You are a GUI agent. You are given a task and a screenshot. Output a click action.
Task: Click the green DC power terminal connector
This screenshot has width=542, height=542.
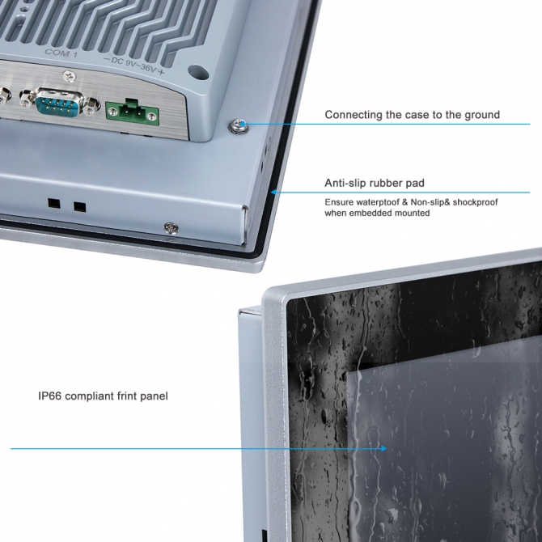[132, 112]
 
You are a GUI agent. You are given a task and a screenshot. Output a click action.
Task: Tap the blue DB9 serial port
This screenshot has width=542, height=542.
[59, 101]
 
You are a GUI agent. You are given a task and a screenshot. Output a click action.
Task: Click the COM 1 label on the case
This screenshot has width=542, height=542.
[61, 53]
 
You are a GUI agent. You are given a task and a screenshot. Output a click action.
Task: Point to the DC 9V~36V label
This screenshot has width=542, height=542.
[134, 66]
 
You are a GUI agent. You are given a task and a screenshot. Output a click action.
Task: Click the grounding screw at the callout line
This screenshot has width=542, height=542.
[239, 125]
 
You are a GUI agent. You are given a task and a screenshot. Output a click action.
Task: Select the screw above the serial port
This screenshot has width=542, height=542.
[69, 76]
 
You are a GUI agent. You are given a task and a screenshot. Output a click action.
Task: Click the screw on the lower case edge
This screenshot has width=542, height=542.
[171, 228]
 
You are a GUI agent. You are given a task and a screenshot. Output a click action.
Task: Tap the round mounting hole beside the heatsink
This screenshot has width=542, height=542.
[198, 72]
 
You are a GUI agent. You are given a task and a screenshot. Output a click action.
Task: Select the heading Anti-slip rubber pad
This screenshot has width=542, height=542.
[375, 183]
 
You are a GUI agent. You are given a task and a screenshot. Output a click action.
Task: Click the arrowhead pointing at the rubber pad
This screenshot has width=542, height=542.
[273, 192]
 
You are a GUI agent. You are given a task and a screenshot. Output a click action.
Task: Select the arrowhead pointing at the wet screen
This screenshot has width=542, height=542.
[383, 448]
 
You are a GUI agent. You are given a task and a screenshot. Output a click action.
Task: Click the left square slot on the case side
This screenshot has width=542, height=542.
[54, 203]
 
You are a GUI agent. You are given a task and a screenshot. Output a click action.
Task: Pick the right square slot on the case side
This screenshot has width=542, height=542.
[80, 207]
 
